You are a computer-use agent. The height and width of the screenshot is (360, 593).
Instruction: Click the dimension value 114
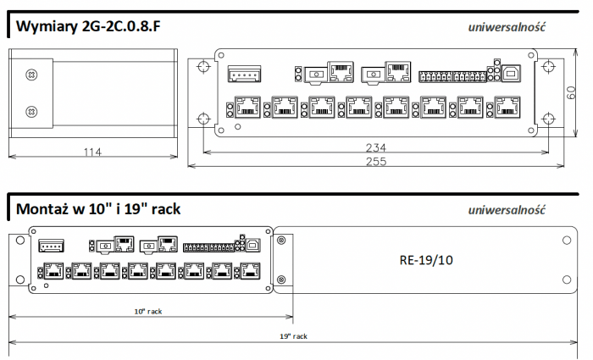coord(92,152)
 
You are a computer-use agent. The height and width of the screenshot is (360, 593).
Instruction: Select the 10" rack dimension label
coord(149,311)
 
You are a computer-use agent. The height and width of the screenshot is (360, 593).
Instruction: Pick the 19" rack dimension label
coord(294,336)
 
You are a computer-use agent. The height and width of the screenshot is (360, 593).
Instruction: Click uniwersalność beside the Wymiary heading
coord(507,27)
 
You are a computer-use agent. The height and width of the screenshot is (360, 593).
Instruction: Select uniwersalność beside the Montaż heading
coord(507,209)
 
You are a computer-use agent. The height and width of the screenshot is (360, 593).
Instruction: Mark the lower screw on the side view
coord(31,111)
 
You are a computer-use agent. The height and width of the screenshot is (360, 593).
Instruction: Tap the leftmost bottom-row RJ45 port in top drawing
coord(247,108)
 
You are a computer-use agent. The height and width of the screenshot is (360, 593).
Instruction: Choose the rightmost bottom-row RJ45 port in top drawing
coord(508,108)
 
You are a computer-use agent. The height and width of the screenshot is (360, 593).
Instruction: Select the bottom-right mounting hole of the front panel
coord(546,119)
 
